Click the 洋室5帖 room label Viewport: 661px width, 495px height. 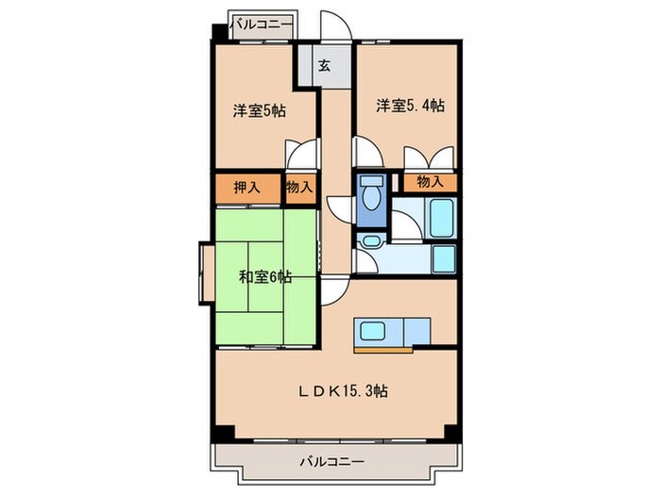260,111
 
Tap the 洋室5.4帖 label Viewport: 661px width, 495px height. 411,106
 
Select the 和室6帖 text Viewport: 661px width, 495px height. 264,277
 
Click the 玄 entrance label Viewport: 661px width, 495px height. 324,66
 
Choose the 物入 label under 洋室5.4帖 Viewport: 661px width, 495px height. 430,181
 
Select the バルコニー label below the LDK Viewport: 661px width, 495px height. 332,461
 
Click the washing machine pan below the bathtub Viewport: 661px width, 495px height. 442,257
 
